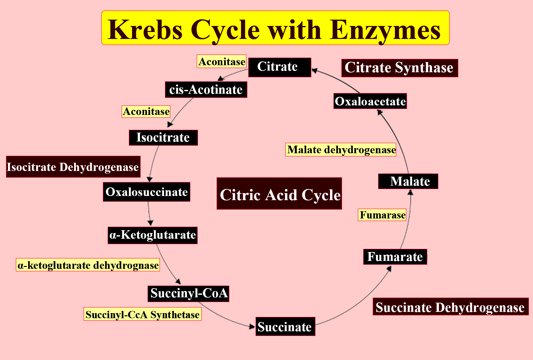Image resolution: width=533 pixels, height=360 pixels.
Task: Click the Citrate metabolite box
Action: (279, 67)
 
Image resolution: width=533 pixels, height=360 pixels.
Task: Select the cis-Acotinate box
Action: (206, 90)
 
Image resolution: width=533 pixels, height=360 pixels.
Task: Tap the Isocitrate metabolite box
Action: (163, 138)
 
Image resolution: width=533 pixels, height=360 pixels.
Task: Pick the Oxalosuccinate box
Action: (146, 192)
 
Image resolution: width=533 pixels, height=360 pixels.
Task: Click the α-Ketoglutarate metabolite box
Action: (153, 235)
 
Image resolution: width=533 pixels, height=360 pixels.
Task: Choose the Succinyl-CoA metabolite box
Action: (188, 294)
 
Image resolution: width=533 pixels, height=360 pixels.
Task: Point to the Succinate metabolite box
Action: (285, 326)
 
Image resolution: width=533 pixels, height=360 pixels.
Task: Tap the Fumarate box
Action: (395, 257)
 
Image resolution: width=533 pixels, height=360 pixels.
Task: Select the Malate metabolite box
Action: (408, 181)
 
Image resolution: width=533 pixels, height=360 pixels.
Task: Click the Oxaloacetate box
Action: (370, 101)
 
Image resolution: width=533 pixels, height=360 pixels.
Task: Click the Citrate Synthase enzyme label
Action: (399, 68)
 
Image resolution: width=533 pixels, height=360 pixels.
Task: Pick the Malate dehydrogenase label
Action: (341, 150)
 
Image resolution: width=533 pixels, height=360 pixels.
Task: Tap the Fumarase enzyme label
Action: (382, 215)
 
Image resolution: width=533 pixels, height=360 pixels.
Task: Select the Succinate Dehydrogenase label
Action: (450, 307)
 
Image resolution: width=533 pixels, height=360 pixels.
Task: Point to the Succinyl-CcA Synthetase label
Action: (143, 314)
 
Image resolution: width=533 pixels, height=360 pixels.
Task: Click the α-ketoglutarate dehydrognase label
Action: (88, 265)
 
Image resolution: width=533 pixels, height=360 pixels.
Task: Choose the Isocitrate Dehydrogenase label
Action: (73, 167)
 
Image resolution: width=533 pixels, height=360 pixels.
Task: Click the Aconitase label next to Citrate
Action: (222, 62)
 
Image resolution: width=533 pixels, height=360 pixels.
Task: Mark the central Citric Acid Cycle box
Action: (279, 194)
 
